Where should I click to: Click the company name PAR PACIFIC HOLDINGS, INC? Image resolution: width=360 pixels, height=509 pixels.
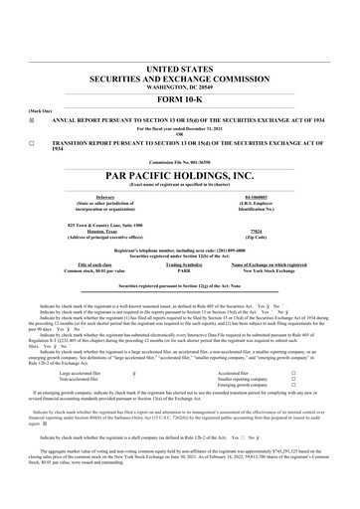tap(179, 174)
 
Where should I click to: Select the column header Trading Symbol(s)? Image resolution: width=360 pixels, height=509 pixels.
tap(179, 264)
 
